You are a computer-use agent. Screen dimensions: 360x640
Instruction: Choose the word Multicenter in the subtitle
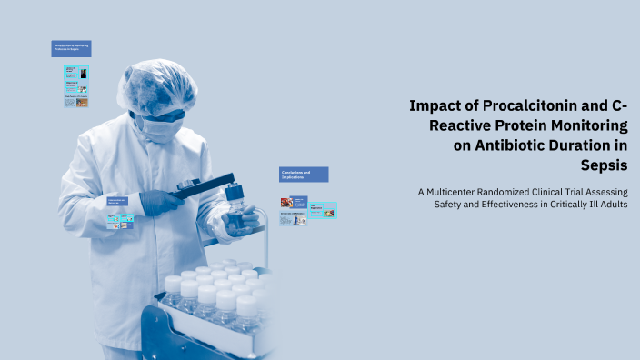(x=460, y=191)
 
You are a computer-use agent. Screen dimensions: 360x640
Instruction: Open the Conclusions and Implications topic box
(x=303, y=174)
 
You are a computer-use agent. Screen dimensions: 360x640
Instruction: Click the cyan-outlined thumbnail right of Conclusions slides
(x=323, y=210)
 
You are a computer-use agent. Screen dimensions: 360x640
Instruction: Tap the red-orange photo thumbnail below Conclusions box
(x=286, y=203)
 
